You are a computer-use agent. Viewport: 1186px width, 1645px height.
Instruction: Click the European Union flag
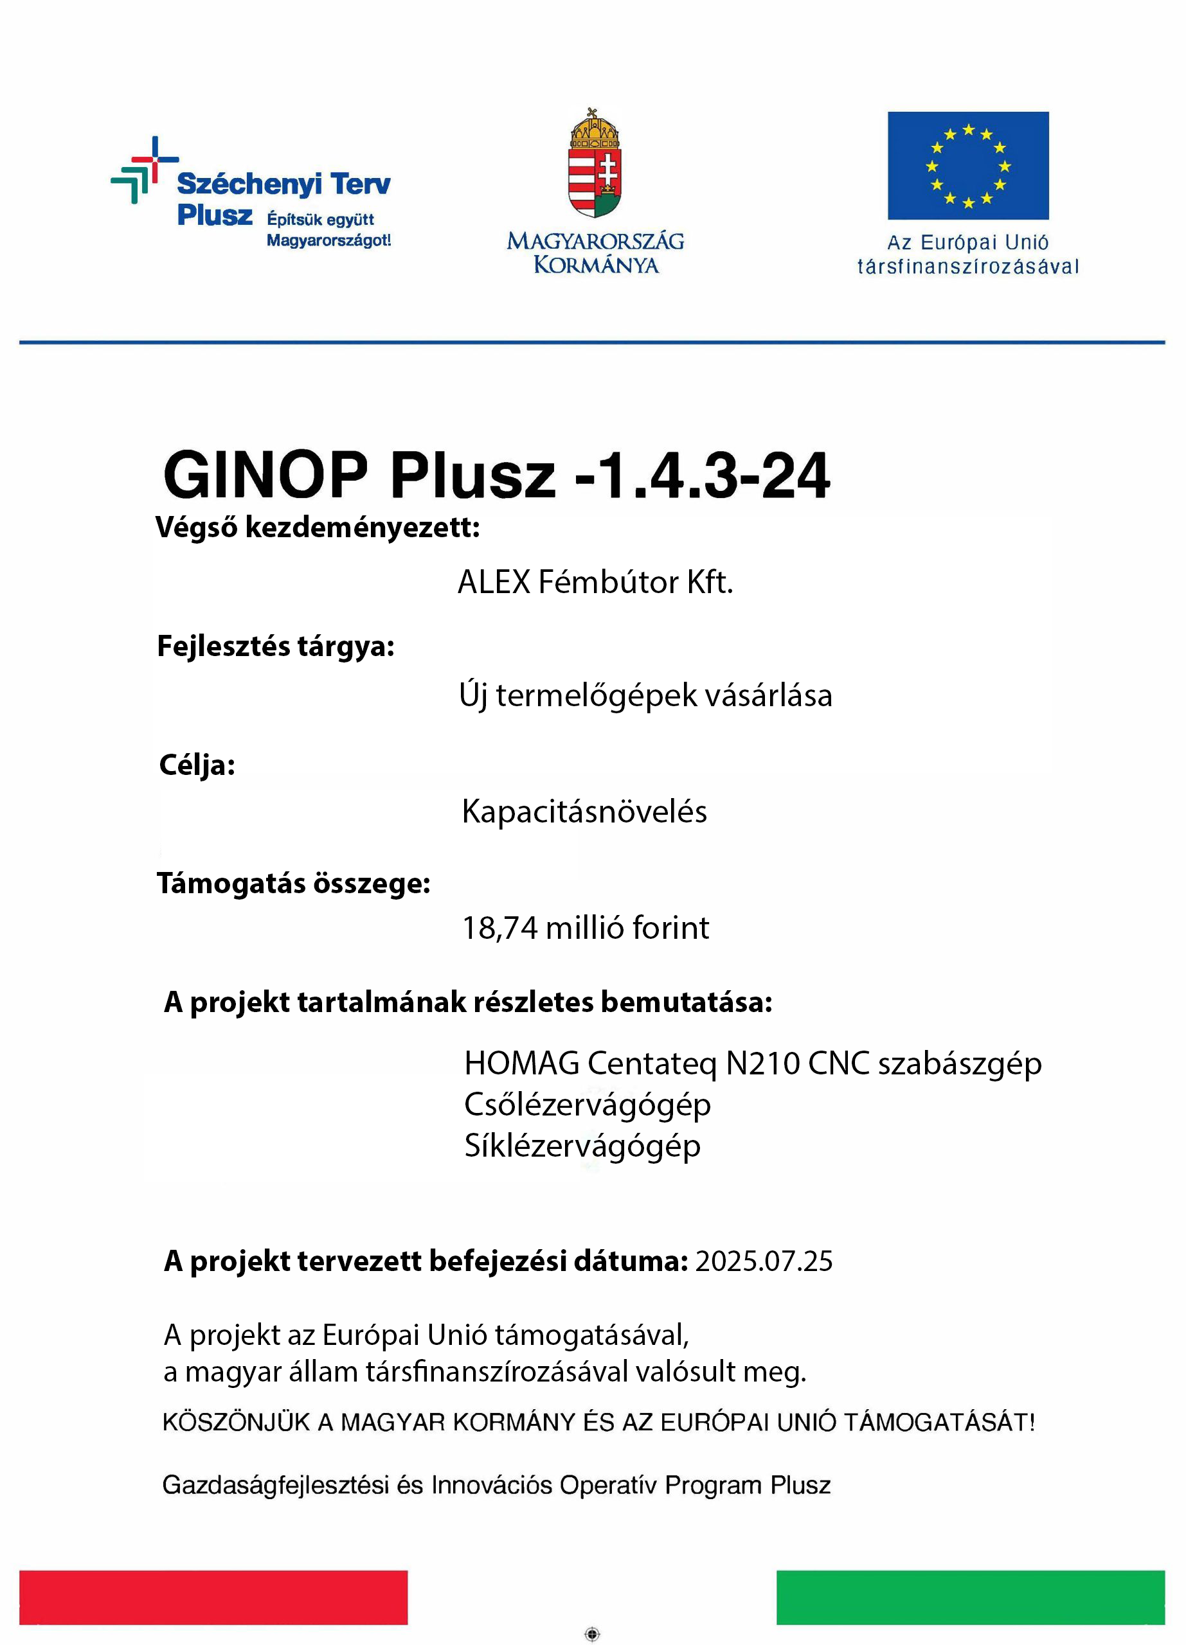(x=967, y=165)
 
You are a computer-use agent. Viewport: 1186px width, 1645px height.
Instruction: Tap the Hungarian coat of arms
(x=595, y=164)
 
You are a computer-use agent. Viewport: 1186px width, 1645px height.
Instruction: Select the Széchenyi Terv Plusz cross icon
(x=143, y=170)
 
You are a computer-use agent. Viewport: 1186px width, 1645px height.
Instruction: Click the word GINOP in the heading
(x=265, y=474)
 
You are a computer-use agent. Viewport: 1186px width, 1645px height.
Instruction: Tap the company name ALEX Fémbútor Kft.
(x=595, y=582)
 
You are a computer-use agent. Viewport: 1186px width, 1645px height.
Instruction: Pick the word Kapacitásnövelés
(x=584, y=811)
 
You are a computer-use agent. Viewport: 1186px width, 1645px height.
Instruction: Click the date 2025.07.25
(x=763, y=1261)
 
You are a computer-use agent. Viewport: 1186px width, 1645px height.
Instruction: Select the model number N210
(x=762, y=1063)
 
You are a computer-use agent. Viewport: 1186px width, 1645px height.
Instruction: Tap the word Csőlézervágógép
(x=587, y=1105)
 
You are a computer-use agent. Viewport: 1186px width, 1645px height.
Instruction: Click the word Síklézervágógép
(x=582, y=1146)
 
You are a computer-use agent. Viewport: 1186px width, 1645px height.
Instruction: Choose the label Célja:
(x=197, y=765)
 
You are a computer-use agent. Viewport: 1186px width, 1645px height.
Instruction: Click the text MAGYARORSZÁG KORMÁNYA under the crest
(x=595, y=253)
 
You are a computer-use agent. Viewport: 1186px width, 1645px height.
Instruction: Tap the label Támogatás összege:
(x=293, y=884)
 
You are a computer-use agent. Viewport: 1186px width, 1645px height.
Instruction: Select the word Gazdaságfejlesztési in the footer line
(x=276, y=1486)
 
